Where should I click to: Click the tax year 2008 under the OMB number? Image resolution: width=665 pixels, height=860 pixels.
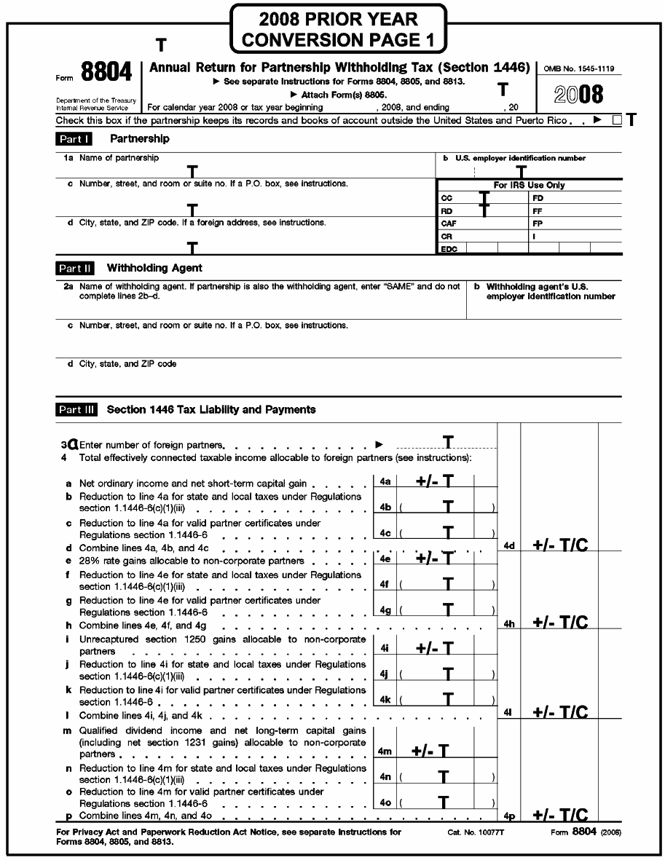click(578, 95)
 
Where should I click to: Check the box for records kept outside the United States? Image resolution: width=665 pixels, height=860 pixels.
click(617, 121)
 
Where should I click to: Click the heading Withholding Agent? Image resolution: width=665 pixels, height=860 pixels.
click(154, 268)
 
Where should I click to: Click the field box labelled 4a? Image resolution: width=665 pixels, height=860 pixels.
click(385, 481)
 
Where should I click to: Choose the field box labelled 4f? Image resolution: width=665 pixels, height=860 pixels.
click(385, 584)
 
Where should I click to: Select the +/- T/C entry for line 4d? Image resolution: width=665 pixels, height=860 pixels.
click(560, 546)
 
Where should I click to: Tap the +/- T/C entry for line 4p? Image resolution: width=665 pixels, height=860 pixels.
click(560, 816)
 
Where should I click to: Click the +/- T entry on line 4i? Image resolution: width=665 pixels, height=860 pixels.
click(434, 648)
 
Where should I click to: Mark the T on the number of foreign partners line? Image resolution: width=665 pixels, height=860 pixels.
click(449, 442)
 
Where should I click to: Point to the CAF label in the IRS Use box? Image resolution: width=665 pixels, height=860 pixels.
click(449, 224)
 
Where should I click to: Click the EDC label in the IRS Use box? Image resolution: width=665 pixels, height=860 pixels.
click(449, 249)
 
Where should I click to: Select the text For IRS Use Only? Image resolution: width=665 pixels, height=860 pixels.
click(529, 185)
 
